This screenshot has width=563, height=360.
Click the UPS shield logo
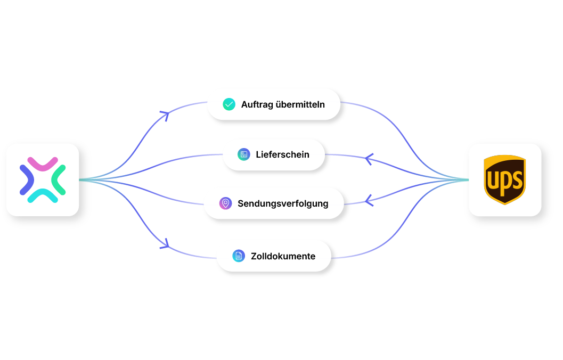504,179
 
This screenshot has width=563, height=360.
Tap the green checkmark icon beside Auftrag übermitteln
229,104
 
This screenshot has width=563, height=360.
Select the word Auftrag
257,105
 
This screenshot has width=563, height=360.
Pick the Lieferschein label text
283,154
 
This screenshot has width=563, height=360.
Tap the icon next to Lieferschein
244,154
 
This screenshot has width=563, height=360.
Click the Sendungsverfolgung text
283,204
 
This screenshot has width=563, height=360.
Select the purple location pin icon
225,203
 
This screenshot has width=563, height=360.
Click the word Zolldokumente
283,256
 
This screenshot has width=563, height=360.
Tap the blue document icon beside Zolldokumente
239,256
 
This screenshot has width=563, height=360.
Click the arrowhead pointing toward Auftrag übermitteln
165,116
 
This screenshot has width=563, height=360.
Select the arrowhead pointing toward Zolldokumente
165,244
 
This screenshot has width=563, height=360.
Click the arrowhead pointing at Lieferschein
369,159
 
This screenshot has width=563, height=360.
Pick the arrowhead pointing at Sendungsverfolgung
369,201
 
